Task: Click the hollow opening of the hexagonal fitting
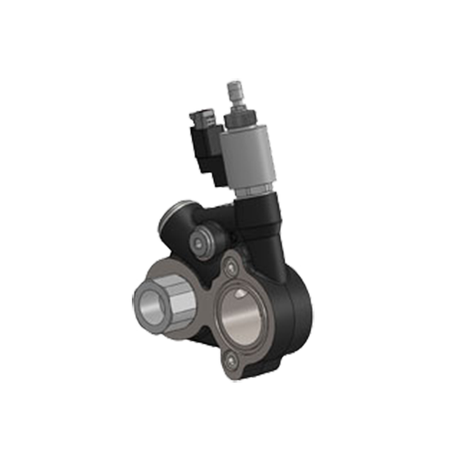(148, 300)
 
